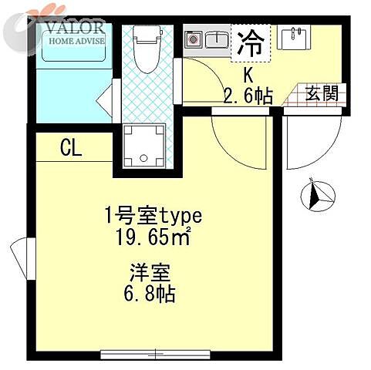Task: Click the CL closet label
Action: (71, 149)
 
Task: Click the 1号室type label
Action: (153, 215)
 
